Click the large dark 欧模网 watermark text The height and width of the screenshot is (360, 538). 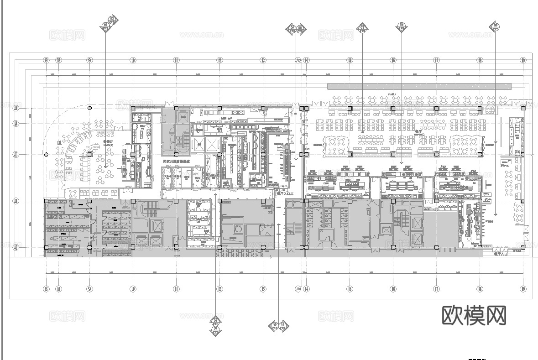475,315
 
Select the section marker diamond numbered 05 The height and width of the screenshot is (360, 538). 496,26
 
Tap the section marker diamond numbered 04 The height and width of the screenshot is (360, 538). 402,26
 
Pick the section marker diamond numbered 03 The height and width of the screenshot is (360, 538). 363,28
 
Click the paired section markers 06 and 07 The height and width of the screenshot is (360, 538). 215,326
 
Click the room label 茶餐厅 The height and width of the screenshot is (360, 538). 108,142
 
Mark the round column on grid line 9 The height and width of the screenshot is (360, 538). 90,108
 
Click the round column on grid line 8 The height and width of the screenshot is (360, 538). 46,155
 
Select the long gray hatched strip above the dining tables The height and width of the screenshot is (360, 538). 419,86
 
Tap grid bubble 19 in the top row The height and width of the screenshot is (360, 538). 523,60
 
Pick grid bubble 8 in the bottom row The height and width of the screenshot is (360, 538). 46,288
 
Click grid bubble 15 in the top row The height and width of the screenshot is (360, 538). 350,60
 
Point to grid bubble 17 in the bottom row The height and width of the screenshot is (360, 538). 437,288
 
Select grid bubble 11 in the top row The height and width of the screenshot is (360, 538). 176,60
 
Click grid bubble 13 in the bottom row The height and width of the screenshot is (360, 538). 263,288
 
